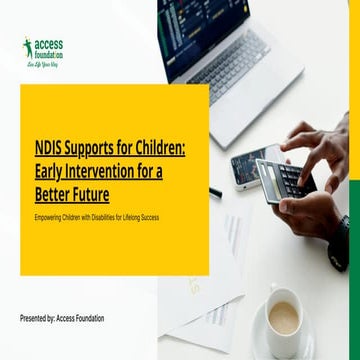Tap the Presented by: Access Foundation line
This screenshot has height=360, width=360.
(62, 318)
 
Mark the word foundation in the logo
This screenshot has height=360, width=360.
(48, 56)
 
